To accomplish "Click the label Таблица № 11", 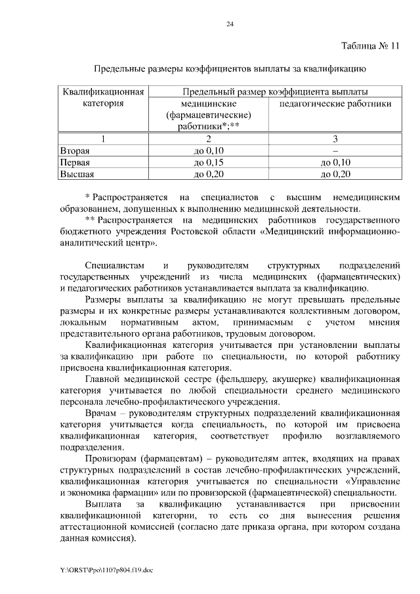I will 371,46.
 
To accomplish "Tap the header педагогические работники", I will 335,104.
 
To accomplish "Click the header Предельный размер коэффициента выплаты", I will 275,91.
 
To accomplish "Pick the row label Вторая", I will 74,150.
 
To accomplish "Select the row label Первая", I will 75,162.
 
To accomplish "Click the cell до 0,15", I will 209,162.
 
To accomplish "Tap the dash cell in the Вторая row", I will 335,150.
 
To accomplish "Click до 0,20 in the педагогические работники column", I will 335,174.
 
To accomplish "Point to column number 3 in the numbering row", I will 335,138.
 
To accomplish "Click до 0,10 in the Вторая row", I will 209,150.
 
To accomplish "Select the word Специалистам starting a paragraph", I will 113,266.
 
